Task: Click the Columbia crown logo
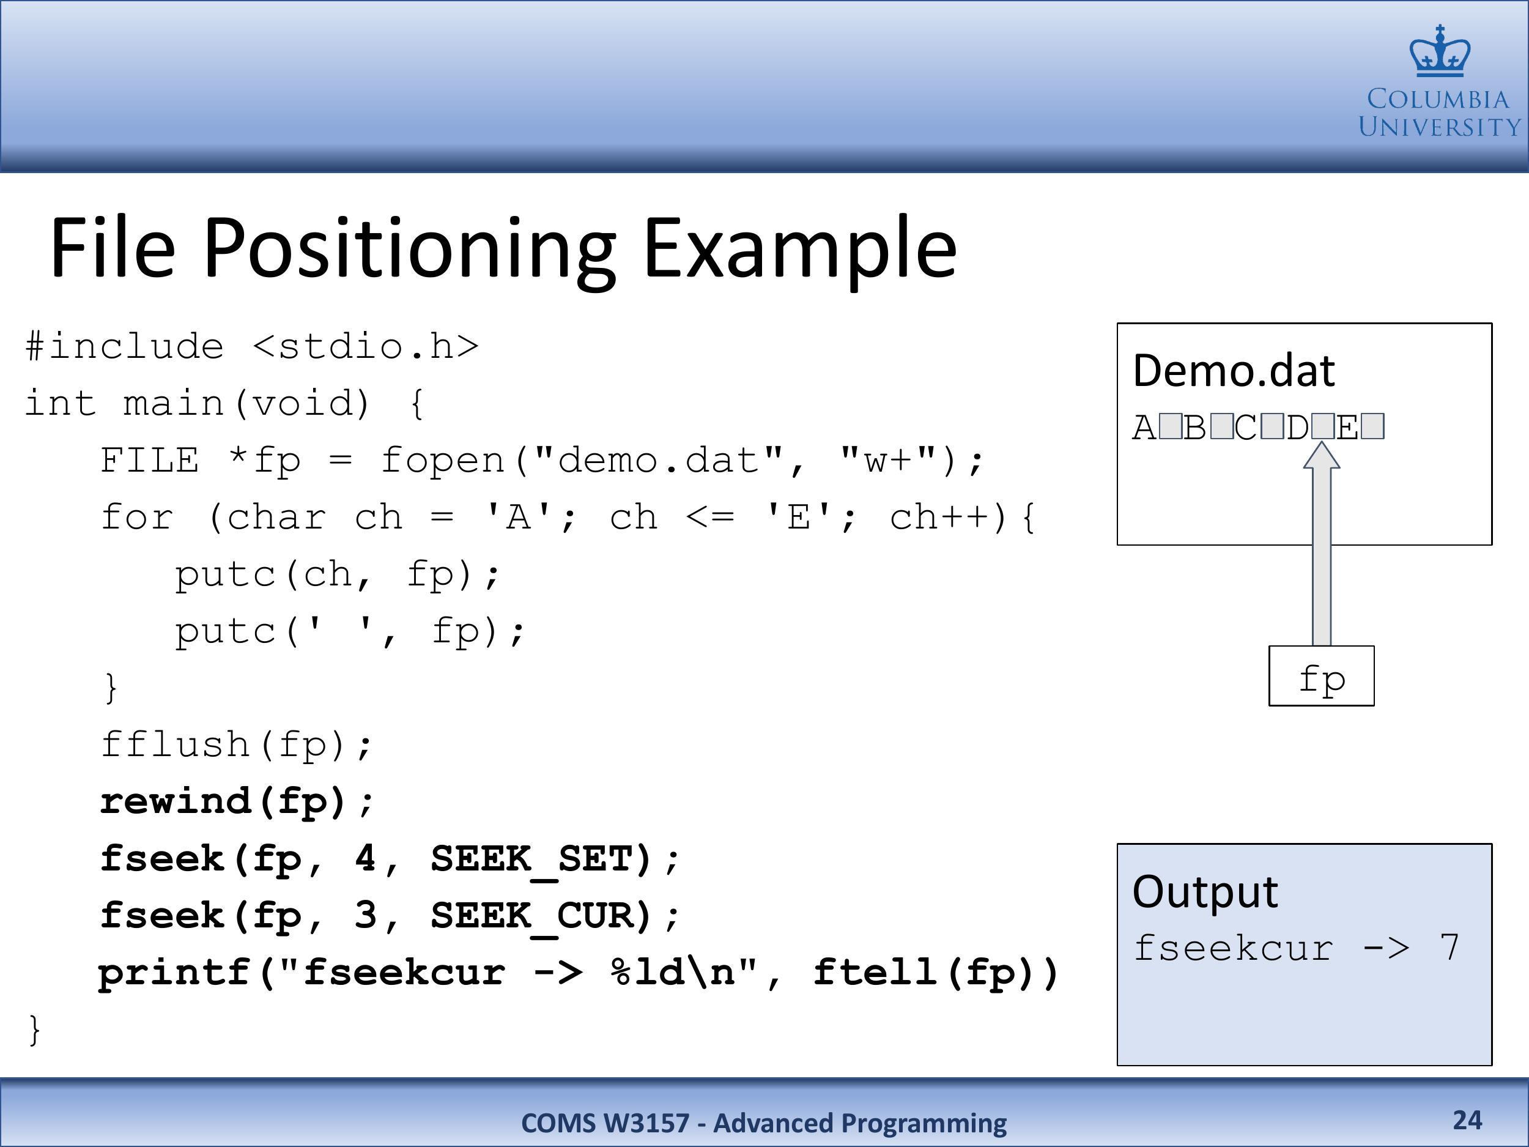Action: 1440,51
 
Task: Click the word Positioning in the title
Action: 409,248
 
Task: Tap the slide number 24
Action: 1467,1120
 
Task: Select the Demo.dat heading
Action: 1234,371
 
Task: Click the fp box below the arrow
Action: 1322,676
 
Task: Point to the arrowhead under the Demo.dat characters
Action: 1322,455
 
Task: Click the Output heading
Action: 1205,891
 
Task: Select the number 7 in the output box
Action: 1449,947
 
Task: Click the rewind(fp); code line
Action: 237,802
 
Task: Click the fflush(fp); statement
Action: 237,745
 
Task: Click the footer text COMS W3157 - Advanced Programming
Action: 764,1123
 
